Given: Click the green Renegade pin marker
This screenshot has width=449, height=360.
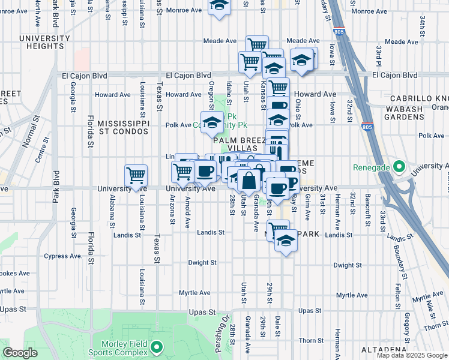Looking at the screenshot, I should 396,167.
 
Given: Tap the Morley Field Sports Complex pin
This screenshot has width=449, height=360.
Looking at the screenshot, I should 157,346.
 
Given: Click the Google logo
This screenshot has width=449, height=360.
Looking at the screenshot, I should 20,353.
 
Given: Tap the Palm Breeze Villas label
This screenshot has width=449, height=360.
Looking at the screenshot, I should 239,144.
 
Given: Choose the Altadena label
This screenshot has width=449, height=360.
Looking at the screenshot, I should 385,349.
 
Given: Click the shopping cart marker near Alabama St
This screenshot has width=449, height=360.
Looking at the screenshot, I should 136,176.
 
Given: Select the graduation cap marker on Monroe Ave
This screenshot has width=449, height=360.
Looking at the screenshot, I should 220,6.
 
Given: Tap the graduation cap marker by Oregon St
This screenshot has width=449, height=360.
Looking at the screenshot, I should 211,124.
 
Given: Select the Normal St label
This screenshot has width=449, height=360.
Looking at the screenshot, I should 26,134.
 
